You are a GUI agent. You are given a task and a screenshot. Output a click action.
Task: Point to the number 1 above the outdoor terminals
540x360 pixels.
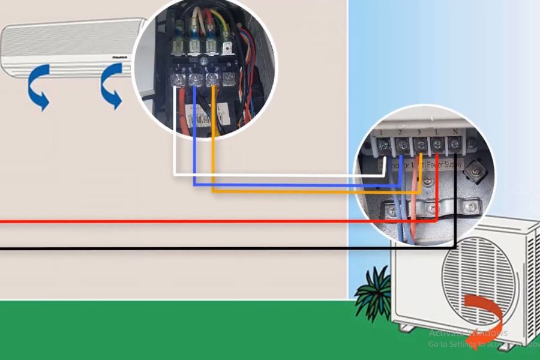click(382, 131)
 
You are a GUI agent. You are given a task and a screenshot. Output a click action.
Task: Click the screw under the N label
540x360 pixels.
click(455, 144)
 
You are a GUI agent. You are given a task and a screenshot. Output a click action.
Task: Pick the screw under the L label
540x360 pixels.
click(437, 145)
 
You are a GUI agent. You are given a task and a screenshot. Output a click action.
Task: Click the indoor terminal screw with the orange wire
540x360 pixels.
click(211, 78)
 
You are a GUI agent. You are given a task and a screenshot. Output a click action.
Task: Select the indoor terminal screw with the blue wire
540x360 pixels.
click(194, 79)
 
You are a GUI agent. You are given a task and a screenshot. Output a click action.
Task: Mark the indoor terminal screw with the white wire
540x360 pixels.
click(178, 78)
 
